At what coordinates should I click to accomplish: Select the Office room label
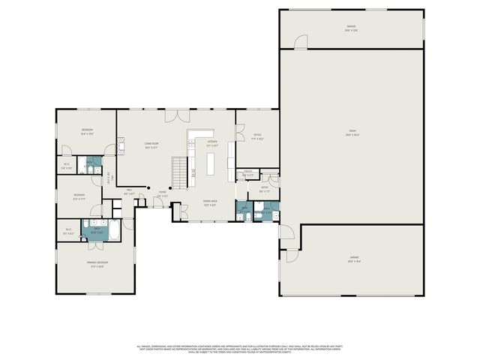click(256, 136)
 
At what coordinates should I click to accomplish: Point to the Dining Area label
click(210, 202)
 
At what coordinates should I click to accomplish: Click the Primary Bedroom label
click(98, 264)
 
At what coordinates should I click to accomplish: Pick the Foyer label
click(162, 193)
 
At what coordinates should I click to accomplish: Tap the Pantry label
click(247, 174)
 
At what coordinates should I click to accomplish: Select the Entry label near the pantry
click(264, 190)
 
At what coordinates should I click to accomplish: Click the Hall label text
click(129, 191)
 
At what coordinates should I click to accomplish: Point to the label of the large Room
click(352, 133)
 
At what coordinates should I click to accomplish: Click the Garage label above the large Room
click(351, 28)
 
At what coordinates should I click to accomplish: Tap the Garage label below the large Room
click(353, 259)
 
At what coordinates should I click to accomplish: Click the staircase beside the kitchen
click(179, 173)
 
